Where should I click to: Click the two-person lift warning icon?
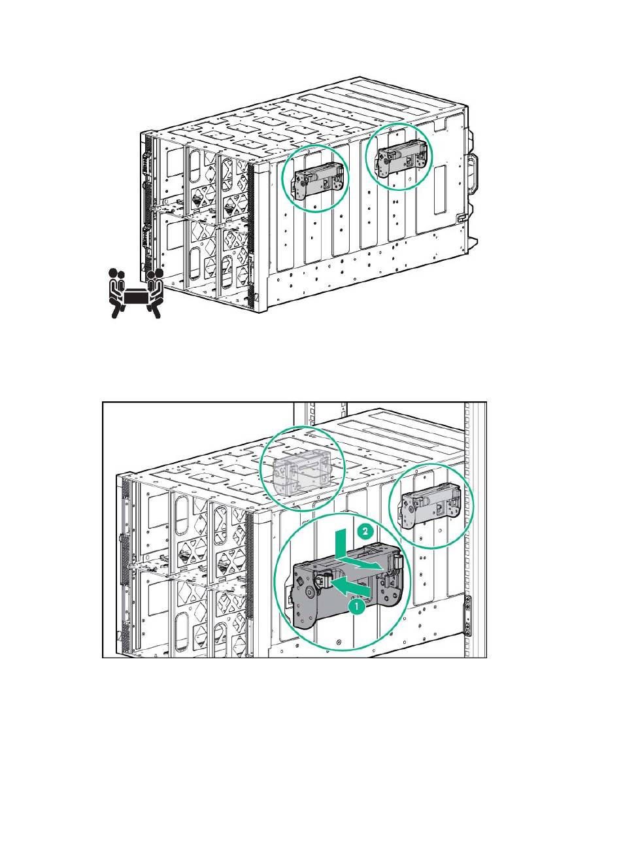[135, 292]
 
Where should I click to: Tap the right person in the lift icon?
[154, 291]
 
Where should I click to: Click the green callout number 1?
[356, 606]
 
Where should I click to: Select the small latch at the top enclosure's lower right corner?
[461, 218]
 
